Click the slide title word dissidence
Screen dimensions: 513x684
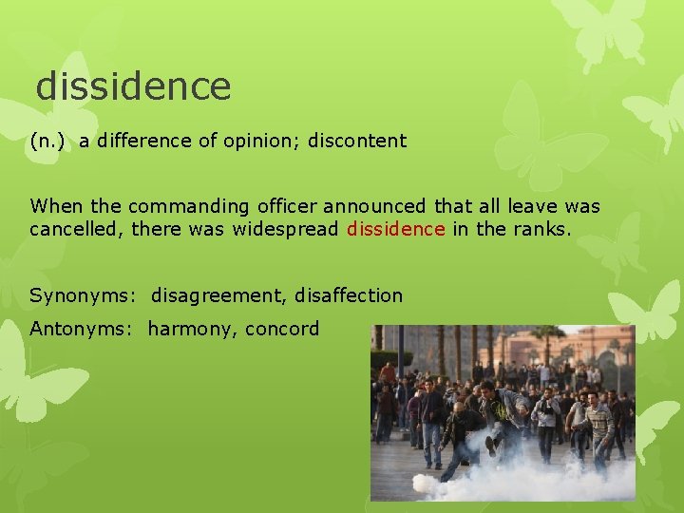point(133,86)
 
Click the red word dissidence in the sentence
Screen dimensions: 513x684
point(395,229)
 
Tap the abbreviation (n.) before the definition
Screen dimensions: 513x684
point(48,142)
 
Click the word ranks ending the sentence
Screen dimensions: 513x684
point(542,229)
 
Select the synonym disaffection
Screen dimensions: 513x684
point(349,295)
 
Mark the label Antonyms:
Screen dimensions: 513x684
point(83,330)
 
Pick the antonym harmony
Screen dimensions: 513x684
point(191,330)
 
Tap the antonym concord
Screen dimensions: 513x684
point(282,330)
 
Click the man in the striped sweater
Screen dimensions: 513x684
point(598,427)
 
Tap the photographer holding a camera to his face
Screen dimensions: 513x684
point(546,413)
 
